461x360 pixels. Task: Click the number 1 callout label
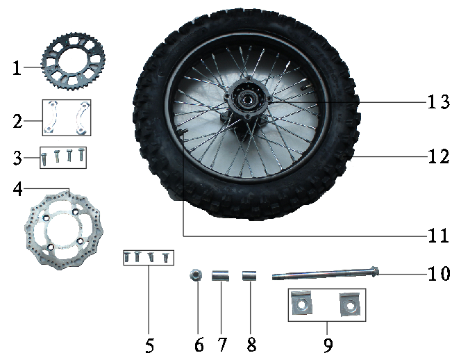click(x=17, y=68)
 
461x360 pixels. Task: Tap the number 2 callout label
click(x=17, y=121)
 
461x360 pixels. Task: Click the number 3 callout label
click(x=17, y=158)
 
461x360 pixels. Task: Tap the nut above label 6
click(x=196, y=276)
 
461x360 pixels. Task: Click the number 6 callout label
click(x=199, y=344)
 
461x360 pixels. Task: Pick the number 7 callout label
click(x=222, y=344)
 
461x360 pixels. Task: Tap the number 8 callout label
click(x=251, y=344)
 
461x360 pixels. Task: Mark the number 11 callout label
click(x=438, y=236)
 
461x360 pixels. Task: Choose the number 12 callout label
click(x=439, y=156)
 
